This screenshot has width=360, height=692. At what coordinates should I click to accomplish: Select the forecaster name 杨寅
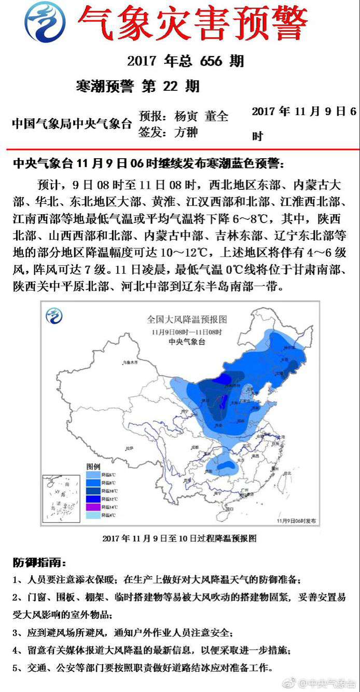[x=186, y=116]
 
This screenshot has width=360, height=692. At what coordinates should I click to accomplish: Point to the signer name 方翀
[x=186, y=132]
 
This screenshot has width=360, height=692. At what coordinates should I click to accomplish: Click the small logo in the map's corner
[x=54, y=315]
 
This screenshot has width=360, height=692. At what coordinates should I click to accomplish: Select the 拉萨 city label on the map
[x=131, y=449]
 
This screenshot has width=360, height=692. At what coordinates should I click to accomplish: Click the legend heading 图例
[x=92, y=467]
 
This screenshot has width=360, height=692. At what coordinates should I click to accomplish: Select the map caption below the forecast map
[x=179, y=538]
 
